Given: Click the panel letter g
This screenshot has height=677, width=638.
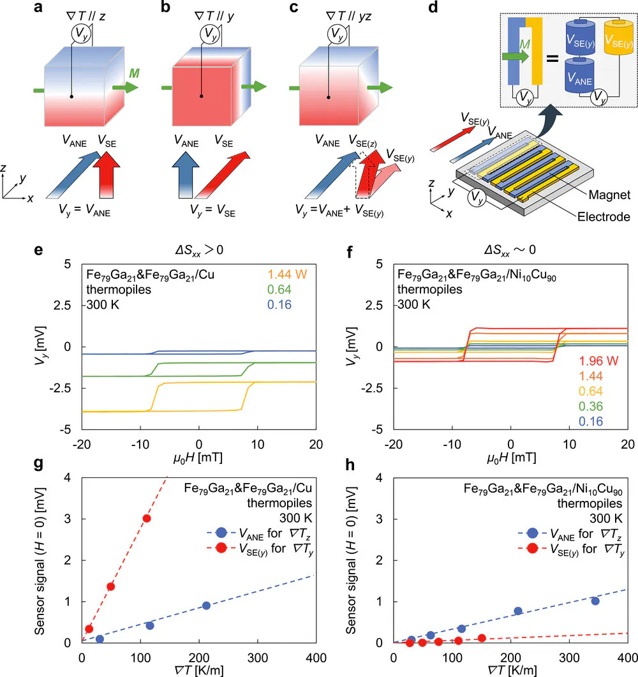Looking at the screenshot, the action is pyautogui.click(x=38, y=464).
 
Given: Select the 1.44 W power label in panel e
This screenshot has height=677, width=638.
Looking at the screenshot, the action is pyautogui.click(x=287, y=274).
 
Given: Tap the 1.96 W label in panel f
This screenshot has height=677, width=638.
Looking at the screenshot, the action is pyautogui.click(x=598, y=361).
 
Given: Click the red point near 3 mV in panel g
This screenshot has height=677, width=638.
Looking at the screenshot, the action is pyautogui.click(x=147, y=518).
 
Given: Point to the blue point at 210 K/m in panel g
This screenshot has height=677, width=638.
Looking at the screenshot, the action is pyautogui.click(x=206, y=606).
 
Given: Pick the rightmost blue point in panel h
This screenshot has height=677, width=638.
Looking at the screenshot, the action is pyautogui.click(x=595, y=601).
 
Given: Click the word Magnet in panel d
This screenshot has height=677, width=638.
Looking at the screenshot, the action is pyautogui.click(x=609, y=195).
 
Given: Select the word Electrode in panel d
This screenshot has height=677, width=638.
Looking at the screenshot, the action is pyautogui.click(x=604, y=217).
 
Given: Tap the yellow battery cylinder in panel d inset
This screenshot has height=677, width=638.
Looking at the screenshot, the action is pyautogui.click(x=619, y=38).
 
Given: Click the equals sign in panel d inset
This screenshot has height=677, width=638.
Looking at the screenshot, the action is pyautogui.click(x=553, y=58).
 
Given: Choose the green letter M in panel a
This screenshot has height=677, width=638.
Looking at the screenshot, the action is pyautogui.click(x=134, y=73).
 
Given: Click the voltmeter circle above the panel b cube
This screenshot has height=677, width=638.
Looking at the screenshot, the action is pyautogui.click(x=211, y=34).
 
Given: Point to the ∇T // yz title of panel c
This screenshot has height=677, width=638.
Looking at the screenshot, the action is pyautogui.click(x=348, y=17).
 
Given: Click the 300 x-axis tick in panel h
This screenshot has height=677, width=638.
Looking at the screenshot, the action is pyautogui.click(x=569, y=658).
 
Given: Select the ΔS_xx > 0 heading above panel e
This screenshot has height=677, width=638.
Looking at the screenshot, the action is pyautogui.click(x=199, y=250).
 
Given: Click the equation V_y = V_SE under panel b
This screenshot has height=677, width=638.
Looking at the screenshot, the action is pyautogui.click(x=212, y=211).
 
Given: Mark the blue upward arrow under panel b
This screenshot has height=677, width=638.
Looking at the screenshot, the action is pyautogui.click(x=185, y=175).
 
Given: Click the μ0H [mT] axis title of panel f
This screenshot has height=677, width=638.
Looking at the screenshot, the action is pyautogui.click(x=511, y=458).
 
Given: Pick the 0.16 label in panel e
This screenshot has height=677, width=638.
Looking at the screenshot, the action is pyautogui.click(x=279, y=305).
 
